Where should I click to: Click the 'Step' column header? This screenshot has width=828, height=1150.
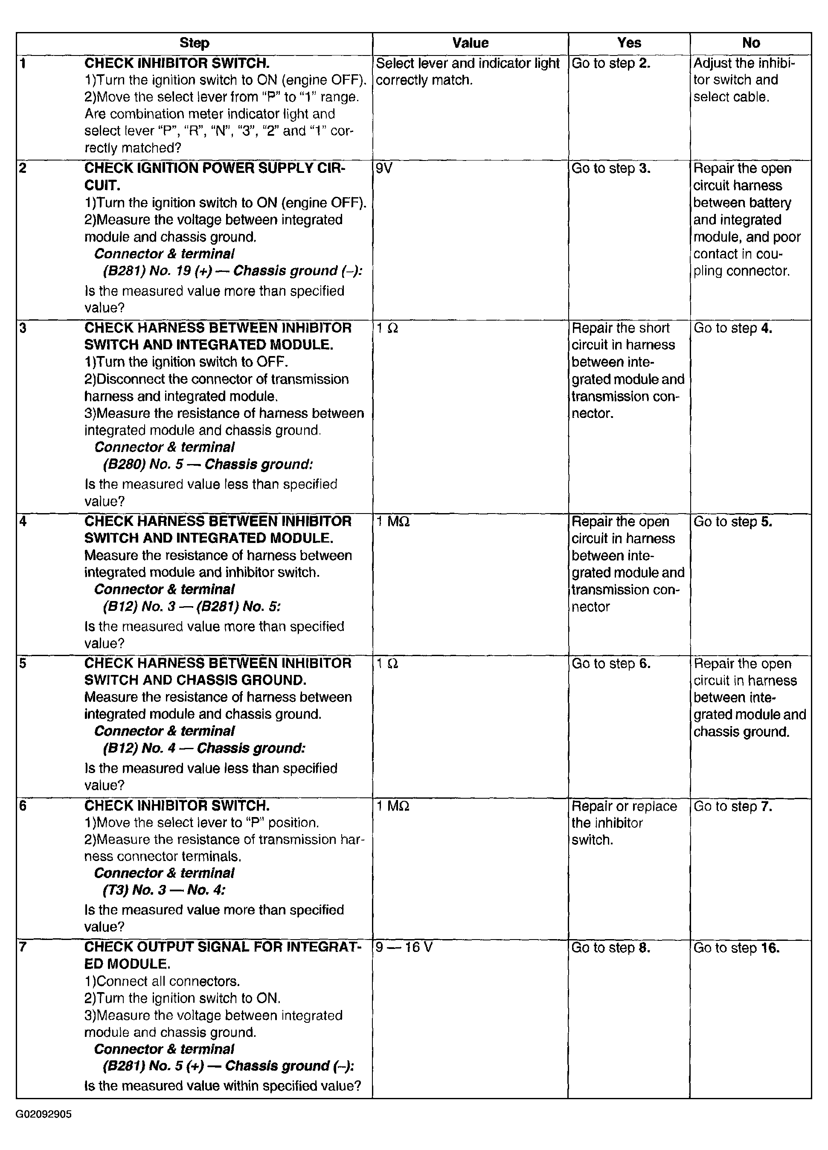point(194,43)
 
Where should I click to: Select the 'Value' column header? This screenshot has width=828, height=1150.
point(470,43)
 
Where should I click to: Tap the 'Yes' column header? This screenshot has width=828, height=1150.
point(629,43)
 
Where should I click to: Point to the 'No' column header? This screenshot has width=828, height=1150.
point(750,43)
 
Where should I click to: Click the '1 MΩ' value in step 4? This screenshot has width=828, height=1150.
point(393,522)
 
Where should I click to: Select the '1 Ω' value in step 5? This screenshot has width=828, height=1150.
point(387,664)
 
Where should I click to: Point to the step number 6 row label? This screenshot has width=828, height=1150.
point(23,806)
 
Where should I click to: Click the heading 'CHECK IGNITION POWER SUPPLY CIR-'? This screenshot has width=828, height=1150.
point(214,168)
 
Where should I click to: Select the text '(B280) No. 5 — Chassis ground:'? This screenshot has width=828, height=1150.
point(208,464)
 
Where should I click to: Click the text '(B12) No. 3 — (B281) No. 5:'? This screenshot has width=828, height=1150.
point(192,607)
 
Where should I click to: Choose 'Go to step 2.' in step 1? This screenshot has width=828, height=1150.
point(610,63)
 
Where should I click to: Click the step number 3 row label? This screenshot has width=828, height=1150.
point(23,328)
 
